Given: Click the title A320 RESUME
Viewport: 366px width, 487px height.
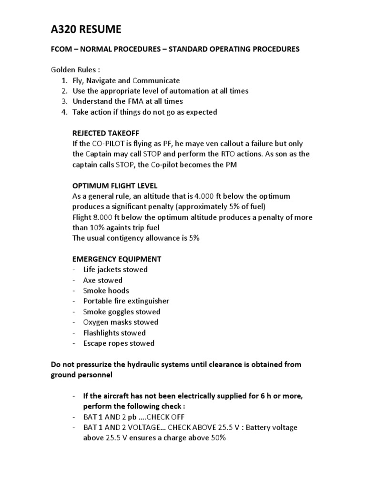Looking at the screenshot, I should click(86, 30).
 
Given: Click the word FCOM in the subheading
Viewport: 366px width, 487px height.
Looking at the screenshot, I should click(62, 49).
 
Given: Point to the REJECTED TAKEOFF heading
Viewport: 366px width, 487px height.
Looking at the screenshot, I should click(105, 133).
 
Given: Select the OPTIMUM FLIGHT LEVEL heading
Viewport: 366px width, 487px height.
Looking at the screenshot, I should click(115, 185).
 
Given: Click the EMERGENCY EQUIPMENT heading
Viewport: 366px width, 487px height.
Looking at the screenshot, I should click(117, 259).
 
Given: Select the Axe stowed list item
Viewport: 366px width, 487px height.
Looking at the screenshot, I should click(102, 280).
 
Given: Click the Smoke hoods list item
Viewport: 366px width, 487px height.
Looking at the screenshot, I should click(106, 291).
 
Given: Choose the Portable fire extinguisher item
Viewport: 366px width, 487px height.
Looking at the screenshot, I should click(126, 301).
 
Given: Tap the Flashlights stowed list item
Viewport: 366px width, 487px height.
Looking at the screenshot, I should click(114, 333).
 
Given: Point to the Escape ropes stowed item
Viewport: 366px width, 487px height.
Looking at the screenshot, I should click(119, 343).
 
